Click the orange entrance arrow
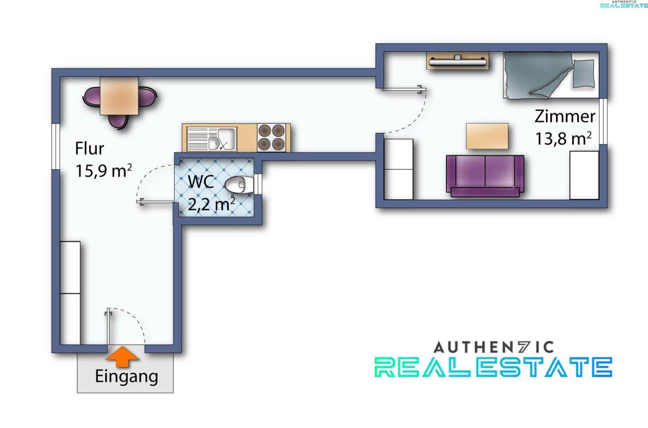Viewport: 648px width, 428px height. [122, 357]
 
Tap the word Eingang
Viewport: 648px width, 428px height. [126, 377]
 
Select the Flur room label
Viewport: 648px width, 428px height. [89, 149]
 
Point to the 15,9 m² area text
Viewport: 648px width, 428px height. [104, 171]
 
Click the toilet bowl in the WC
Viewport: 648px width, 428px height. [239, 184]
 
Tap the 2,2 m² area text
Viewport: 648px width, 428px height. [211, 205]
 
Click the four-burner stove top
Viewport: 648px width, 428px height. [271, 138]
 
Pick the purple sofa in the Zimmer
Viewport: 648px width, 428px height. [485, 176]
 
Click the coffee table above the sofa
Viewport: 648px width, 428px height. [487, 136]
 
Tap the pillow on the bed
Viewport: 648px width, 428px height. [583, 74]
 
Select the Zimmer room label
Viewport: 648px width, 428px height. [565, 117]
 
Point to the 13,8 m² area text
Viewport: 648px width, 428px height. [563, 138]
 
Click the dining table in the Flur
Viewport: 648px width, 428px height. [119, 96]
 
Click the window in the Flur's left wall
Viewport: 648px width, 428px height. [56, 147]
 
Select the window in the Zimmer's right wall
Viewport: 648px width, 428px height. [603, 122]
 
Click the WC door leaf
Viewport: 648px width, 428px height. [155, 202]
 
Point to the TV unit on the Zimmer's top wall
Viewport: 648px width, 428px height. [458, 61]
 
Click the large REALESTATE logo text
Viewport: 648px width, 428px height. [493, 367]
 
